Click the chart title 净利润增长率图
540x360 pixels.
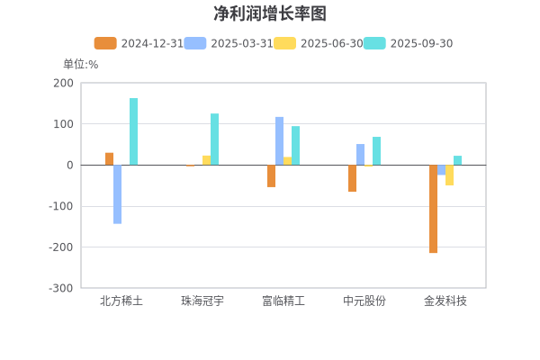click(270, 13)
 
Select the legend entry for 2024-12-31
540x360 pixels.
click(139, 43)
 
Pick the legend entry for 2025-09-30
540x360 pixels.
click(409, 43)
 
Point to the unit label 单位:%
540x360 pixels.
click(80, 64)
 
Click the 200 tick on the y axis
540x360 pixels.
click(63, 83)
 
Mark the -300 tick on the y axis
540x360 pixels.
click(61, 288)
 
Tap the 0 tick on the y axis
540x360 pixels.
click(68, 165)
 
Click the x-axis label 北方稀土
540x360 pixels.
click(121, 301)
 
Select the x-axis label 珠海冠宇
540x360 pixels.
click(202, 301)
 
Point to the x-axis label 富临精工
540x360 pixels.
click(283, 301)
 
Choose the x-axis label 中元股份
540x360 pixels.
click(364, 301)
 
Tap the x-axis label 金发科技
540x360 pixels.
click(445, 301)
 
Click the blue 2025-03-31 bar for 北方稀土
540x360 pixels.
click(117, 194)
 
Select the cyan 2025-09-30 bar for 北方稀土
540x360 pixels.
click(133, 131)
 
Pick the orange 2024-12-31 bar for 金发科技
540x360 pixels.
click(433, 209)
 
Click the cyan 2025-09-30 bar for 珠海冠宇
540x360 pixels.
click(214, 139)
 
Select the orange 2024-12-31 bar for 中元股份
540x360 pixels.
click(352, 178)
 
